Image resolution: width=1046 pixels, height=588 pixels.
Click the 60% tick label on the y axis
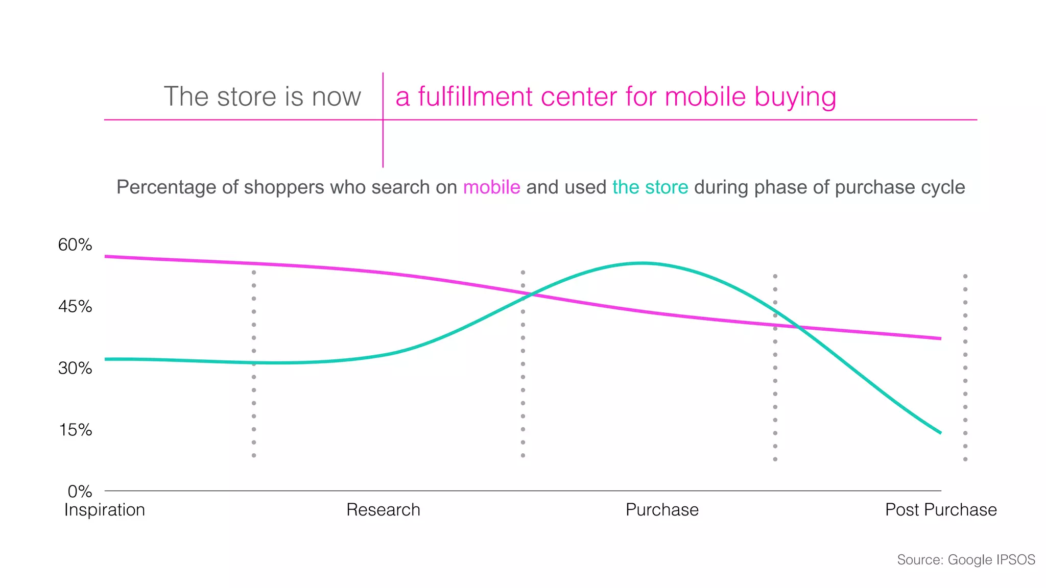75,245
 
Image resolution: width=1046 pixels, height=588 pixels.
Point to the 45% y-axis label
75,307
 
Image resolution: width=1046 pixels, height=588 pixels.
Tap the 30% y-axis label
75,368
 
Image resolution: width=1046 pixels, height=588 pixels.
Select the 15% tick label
75,430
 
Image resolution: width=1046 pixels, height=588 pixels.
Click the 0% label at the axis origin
80,492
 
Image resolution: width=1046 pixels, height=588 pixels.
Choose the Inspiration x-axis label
105,510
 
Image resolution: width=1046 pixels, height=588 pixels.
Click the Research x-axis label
383,510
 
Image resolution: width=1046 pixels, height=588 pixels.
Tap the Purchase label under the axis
662,510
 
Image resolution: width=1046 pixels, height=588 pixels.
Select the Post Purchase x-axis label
941,510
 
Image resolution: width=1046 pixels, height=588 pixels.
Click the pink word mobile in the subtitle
491,187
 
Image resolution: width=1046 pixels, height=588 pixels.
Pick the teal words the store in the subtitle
650,187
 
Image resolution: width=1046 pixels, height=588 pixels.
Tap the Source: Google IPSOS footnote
966,560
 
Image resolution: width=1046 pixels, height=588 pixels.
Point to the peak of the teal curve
643,263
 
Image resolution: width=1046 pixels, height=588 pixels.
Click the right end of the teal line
940,433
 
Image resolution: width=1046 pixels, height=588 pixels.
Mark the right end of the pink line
940,338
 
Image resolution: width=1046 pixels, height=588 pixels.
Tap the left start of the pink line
106,256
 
